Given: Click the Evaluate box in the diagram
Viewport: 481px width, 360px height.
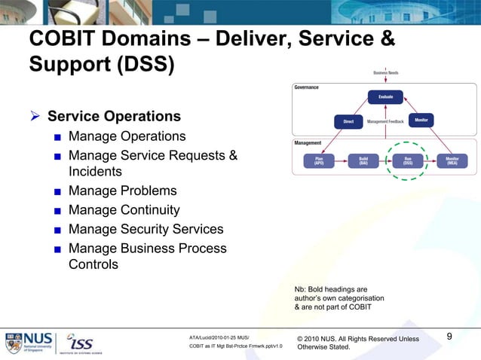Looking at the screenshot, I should [x=385, y=96].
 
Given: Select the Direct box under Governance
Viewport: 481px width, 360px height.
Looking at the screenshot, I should [x=348, y=121].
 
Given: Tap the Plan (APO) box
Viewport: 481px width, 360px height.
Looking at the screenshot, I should [x=319, y=160].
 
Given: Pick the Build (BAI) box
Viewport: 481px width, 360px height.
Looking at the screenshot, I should [x=363, y=160].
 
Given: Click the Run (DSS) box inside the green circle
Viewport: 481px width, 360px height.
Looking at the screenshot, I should [x=408, y=160].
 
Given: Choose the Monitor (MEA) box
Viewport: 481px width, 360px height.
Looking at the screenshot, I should [x=452, y=160].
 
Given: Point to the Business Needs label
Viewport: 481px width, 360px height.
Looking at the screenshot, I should [x=385, y=72].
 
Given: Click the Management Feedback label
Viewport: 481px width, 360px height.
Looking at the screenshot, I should [x=385, y=121].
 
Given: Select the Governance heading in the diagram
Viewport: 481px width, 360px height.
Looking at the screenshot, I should [x=307, y=87].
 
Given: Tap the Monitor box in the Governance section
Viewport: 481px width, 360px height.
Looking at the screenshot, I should [x=421, y=120].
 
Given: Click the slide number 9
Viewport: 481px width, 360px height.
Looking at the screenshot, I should [x=449, y=337].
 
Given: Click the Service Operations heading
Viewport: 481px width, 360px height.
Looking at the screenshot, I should [x=114, y=117].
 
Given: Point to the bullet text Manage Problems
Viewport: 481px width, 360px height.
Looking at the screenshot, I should [x=122, y=191].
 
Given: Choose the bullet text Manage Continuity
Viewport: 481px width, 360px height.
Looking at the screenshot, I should [x=124, y=210].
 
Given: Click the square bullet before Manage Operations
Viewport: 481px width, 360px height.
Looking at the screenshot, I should [x=57, y=138].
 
